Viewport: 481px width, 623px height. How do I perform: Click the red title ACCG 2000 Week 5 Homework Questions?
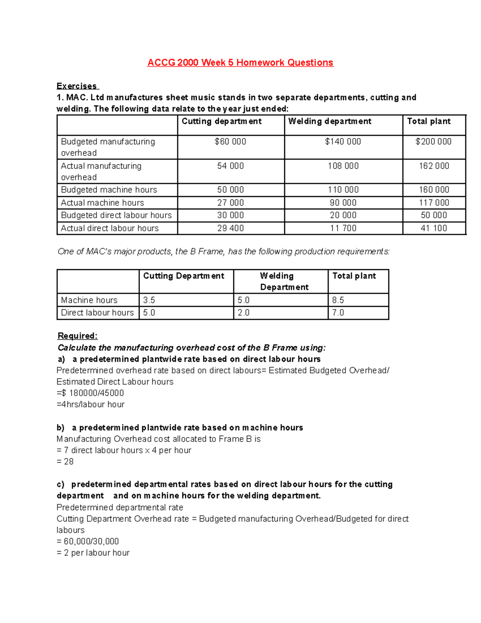click(x=240, y=63)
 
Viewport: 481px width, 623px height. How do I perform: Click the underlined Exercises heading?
click(x=77, y=86)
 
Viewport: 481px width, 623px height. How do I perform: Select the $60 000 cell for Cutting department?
click(x=230, y=142)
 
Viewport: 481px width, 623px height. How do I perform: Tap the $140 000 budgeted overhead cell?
click(x=343, y=142)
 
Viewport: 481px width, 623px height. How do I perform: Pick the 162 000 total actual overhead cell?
click(x=434, y=166)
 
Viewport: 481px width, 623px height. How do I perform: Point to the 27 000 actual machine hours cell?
click(x=230, y=203)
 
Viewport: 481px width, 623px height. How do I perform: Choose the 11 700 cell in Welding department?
click(x=343, y=228)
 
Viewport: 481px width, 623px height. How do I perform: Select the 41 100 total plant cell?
click(x=434, y=228)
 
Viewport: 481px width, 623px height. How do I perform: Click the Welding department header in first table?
click(x=330, y=122)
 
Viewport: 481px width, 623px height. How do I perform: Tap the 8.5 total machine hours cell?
click(x=338, y=300)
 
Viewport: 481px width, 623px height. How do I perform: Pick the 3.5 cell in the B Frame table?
click(x=149, y=300)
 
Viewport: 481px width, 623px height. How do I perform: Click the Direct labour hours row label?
click(x=97, y=313)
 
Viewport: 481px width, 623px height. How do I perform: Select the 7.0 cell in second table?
click(x=338, y=313)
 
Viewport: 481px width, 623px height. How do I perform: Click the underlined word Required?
click(x=78, y=336)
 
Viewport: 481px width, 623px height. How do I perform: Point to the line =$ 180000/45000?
click(x=90, y=393)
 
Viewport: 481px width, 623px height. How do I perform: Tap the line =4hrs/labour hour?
click(x=91, y=404)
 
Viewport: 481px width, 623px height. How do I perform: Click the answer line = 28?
click(x=65, y=462)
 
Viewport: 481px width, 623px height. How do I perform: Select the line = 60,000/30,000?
click(x=88, y=542)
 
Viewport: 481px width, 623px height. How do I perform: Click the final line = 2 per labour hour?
click(x=93, y=553)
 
